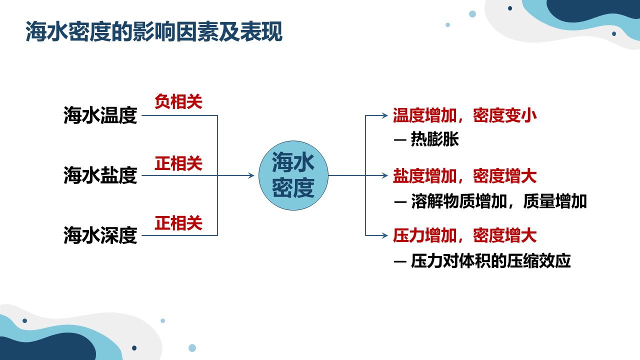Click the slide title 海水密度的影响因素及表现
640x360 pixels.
(x=154, y=31)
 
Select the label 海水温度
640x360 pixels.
(x=100, y=115)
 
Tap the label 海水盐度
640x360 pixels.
(x=100, y=175)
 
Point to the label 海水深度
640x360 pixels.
(x=100, y=235)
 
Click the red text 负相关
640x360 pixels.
(x=178, y=101)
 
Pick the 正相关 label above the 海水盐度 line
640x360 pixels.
(x=178, y=163)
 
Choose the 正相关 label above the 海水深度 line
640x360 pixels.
(x=178, y=223)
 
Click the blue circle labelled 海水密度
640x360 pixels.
(x=293, y=175)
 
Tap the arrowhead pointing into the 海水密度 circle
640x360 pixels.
(x=251, y=175)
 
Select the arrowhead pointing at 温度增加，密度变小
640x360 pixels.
(x=384, y=115)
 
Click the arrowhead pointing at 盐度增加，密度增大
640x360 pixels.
(x=384, y=175)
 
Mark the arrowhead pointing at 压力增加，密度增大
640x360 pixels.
(x=384, y=235)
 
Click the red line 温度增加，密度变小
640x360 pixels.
(x=465, y=115)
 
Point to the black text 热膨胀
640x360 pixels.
(x=435, y=139)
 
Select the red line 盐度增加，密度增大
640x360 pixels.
(x=465, y=175)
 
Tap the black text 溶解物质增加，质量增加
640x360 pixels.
(x=499, y=201)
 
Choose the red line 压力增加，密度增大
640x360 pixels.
(x=465, y=235)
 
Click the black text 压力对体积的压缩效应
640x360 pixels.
(x=491, y=261)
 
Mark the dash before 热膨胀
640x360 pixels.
(x=400, y=140)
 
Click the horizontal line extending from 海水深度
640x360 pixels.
(x=179, y=235)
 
